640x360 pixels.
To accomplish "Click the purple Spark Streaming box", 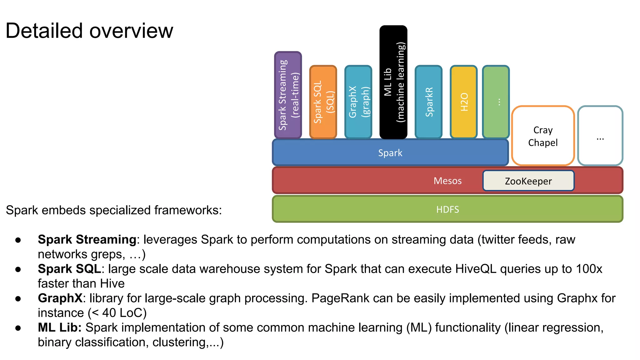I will pyautogui.click(x=288, y=95).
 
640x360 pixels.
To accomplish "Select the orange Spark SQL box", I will pyautogui.click(x=323, y=102).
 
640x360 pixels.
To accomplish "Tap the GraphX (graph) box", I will pyautogui.click(x=358, y=102).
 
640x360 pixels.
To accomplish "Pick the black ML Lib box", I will pyautogui.click(x=393, y=82).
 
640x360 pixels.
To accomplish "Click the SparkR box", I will pyautogui.click(x=428, y=102).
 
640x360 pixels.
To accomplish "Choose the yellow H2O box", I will pyautogui.click(x=464, y=102).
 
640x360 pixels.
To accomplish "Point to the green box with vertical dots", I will pyautogui.click(x=496, y=102).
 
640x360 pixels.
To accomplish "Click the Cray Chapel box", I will pyautogui.click(x=543, y=136).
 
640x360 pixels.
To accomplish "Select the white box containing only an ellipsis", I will pyautogui.click(x=600, y=136).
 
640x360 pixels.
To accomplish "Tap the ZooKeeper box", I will pyautogui.click(x=528, y=181).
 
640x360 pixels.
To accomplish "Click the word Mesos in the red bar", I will pyautogui.click(x=447, y=181).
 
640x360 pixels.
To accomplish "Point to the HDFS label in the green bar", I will pyautogui.click(x=447, y=209).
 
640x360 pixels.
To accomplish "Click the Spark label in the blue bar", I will pyautogui.click(x=390, y=153).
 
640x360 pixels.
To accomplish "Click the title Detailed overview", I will pyautogui.click(x=89, y=31).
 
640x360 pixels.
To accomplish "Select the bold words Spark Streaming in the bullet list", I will pyautogui.click(x=87, y=240).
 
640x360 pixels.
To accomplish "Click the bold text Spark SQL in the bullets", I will pyautogui.click(x=69, y=269).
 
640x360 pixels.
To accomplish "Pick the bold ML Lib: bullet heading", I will pyautogui.click(x=59, y=328).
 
